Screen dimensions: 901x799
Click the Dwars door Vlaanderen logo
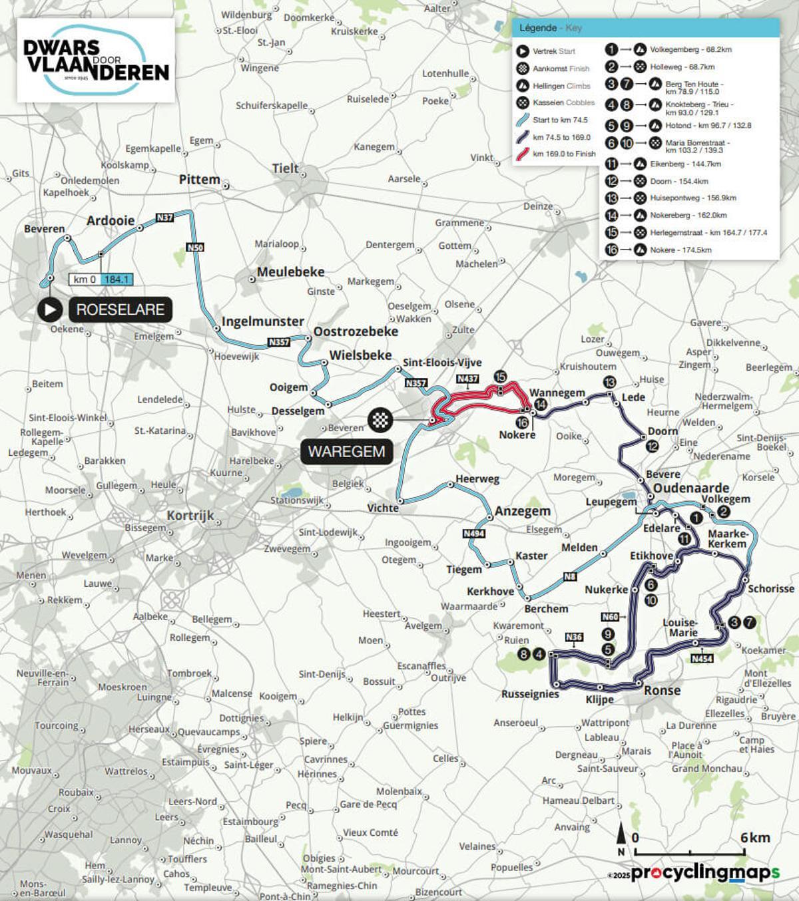click(x=96, y=60)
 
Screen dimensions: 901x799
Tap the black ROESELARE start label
click(x=120, y=309)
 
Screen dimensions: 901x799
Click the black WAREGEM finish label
click(x=346, y=452)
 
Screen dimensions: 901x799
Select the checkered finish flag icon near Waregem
click(x=380, y=420)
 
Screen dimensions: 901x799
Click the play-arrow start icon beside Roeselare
click(x=50, y=309)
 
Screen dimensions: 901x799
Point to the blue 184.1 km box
click(x=116, y=279)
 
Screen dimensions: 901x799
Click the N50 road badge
click(x=195, y=248)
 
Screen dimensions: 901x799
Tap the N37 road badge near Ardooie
click(x=164, y=218)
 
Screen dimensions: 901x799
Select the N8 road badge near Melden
click(x=570, y=577)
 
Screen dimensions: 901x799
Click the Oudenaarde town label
click(x=690, y=488)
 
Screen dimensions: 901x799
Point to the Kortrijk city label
click(x=190, y=516)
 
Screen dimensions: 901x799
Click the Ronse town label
click(x=662, y=691)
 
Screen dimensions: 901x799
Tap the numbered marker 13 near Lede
click(x=609, y=382)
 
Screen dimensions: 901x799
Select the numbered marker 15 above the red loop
click(x=500, y=377)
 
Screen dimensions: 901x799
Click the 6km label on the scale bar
click(x=755, y=838)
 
